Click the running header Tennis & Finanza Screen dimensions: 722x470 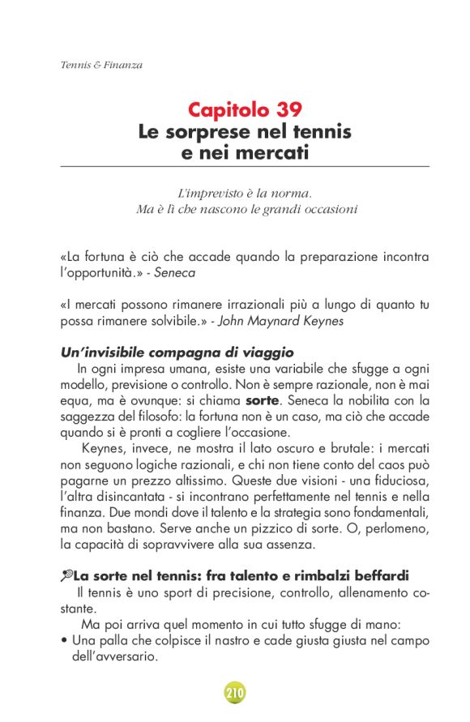coord(101,65)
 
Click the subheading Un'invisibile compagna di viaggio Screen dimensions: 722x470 coord(177,352)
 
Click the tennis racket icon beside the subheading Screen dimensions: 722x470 coord(66,576)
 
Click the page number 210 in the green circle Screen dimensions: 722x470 coord(235,693)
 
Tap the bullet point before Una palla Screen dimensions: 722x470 coord(64,640)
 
